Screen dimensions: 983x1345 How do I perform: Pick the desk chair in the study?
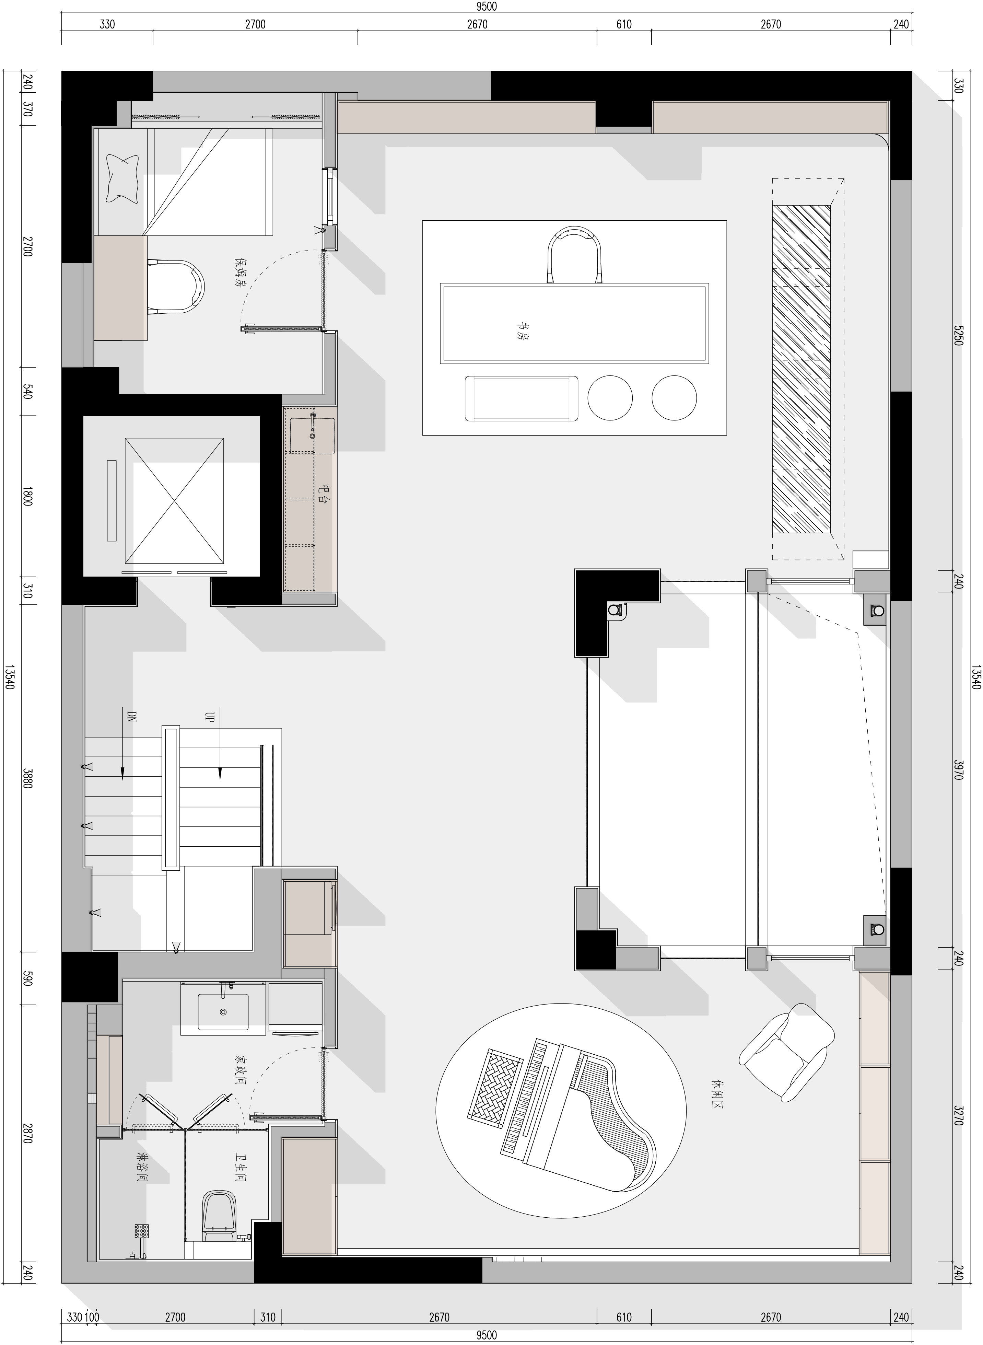(x=575, y=255)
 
